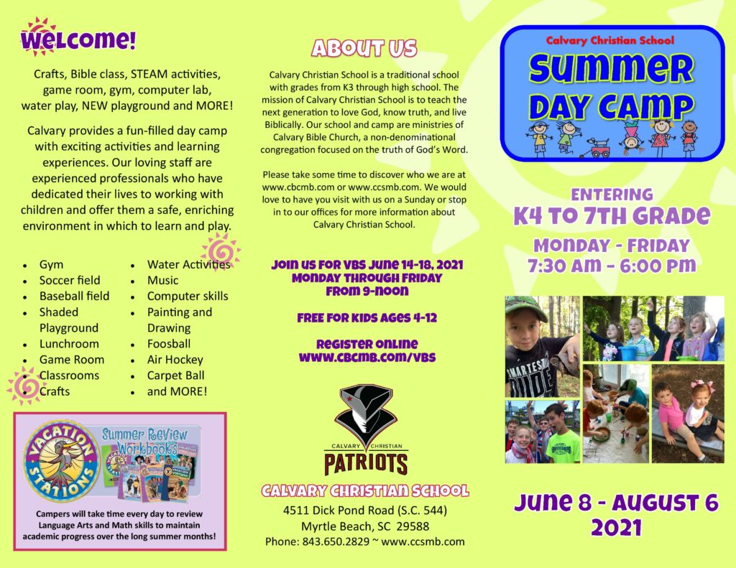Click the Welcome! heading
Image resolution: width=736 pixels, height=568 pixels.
click(x=78, y=39)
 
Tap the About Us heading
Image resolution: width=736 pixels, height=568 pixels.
click(x=364, y=48)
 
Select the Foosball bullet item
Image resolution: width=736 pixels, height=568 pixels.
click(x=169, y=344)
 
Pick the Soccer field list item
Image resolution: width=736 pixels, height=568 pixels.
click(x=70, y=280)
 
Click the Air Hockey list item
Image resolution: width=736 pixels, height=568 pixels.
click(x=175, y=360)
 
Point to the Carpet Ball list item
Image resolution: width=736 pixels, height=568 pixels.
click(x=175, y=376)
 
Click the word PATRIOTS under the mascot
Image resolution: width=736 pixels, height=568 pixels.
click(x=366, y=463)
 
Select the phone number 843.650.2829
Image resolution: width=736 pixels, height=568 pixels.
click(x=336, y=541)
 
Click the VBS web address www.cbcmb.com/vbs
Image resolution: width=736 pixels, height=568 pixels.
click(x=367, y=358)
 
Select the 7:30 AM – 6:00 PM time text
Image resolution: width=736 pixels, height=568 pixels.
click(x=612, y=266)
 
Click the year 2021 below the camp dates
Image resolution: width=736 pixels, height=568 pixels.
click(x=616, y=528)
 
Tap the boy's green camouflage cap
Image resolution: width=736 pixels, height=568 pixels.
click(x=526, y=309)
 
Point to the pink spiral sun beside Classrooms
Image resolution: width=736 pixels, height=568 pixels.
click(x=24, y=386)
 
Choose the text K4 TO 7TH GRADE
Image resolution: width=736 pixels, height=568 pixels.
click(x=612, y=215)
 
